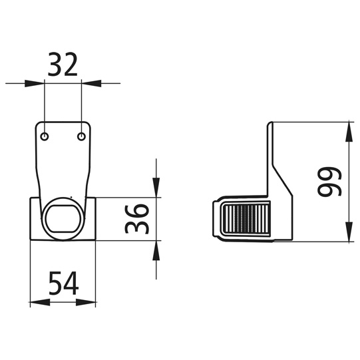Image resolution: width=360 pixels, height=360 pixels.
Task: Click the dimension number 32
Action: click(x=63, y=65)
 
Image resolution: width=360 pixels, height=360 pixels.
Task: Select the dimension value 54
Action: click(x=64, y=283)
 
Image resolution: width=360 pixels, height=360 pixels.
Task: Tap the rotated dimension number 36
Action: click(x=137, y=219)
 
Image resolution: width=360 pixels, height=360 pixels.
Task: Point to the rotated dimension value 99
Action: click(x=329, y=182)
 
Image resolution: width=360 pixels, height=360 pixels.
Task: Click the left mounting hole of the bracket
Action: click(x=45, y=136)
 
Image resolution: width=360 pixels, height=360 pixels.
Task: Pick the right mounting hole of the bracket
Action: click(x=81, y=136)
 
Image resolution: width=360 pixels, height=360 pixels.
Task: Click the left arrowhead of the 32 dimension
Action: click(x=35, y=83)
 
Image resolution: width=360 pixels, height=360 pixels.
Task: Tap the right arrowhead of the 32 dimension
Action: click(x=91, y=83)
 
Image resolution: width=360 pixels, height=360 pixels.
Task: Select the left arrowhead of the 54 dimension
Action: click(x=40, y=302)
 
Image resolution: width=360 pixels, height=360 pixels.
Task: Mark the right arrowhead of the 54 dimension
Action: click(x=86, y=302)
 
